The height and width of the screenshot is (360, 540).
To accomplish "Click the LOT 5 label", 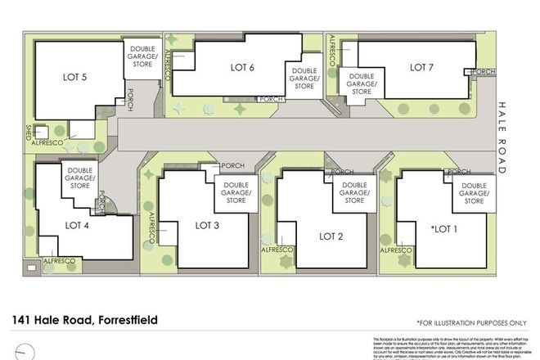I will (74, 78).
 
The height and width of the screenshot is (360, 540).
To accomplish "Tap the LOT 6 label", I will (243, 67).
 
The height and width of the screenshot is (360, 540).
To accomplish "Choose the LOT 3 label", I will (209, 225).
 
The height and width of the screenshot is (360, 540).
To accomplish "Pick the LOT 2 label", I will (331, 236).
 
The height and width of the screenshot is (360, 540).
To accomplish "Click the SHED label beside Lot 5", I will (28, 131).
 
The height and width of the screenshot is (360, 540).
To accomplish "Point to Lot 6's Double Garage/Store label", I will (304, 79).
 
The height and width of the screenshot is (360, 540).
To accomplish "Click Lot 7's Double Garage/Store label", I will (361, 85).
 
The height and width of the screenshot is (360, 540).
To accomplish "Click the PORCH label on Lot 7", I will (484, 72).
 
